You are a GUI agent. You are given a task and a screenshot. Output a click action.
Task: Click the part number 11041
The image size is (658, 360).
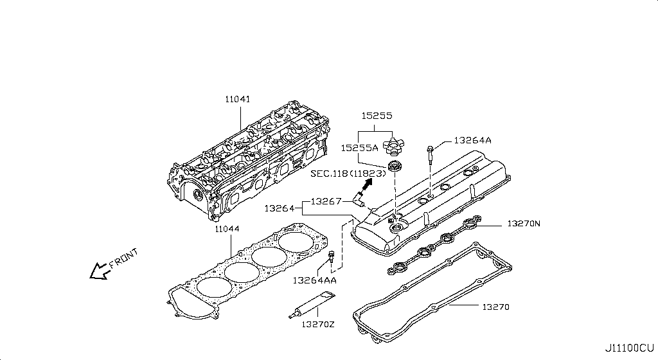click(237, 100)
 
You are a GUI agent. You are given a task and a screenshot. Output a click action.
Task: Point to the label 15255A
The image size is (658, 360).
click(360, 148)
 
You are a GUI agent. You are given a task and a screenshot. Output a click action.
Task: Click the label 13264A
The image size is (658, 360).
click(472, 140)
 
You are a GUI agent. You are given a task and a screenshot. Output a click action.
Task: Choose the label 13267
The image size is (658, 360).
click(326, 201)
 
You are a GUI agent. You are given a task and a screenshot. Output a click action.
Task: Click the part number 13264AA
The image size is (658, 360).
click(314, 280)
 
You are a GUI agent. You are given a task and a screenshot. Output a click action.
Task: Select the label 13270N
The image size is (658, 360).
click(524, 224)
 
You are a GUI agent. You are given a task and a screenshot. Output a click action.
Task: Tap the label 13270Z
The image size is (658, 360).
click(317, 323)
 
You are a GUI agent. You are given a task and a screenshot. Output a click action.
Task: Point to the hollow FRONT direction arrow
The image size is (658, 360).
click(99, 271)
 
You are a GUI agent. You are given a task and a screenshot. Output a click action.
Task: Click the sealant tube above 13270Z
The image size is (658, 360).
click(312, 303)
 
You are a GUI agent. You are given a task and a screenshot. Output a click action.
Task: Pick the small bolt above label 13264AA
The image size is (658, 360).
click(331, 259)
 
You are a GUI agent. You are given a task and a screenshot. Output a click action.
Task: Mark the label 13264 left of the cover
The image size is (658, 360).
click(279, 209)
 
